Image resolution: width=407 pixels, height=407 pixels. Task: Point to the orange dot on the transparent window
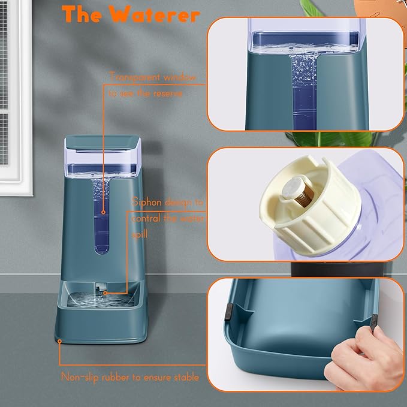(103, 212)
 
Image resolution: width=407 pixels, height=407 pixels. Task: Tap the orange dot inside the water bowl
(104, 293)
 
